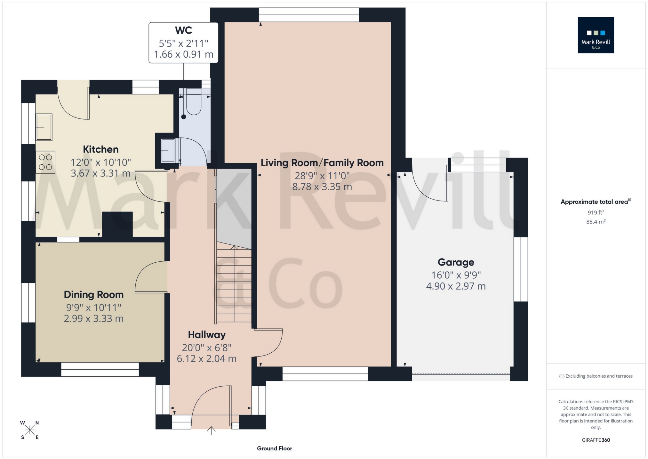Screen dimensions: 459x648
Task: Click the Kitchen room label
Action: [x=100, y=149]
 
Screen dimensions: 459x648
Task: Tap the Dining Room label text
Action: [x=93, y=295]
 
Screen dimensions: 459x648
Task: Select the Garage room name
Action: [x=456, y=262]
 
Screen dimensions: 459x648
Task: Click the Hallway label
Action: [x=206, y=335]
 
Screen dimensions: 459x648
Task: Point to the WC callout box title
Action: [x=183, y=30]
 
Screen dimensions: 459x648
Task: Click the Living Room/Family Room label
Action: [x=322, y=163]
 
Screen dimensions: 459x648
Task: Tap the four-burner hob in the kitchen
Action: [x=45, y=162]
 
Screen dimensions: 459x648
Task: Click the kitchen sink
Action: [x=44, y=127]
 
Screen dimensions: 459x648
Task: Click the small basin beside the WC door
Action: [x=168, y=150]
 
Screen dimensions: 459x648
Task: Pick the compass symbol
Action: [x=30, y=430]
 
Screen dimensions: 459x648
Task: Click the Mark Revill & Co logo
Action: [x=596, y=35]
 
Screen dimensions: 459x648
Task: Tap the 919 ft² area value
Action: [x=596, y=212]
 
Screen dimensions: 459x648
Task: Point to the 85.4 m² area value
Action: [x=596, y=222]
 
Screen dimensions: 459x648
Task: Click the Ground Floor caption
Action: [x=274, y=448]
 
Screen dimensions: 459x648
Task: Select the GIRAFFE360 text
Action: [x=596, y=440]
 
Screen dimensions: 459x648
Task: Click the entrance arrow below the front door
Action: [x=211, y=430]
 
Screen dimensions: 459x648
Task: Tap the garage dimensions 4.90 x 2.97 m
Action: [x=456, y=286]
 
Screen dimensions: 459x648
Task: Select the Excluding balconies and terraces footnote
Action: [x=596, y=376]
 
